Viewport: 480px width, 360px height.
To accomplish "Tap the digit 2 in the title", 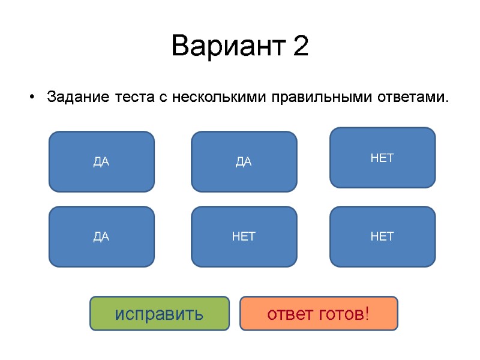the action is tap(301, 47).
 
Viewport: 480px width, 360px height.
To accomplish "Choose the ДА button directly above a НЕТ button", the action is tap(244, 161).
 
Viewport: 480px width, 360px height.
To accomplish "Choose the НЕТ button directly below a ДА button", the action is tap(244, 236).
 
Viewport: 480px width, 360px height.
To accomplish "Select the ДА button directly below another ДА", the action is tap(101, 236).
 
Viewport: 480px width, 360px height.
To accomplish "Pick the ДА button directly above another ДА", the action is tap(101, 161).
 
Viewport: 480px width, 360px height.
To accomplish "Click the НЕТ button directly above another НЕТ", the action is tap(382, 158).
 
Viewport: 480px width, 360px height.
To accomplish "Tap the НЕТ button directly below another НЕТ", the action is tap(382, 236).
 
